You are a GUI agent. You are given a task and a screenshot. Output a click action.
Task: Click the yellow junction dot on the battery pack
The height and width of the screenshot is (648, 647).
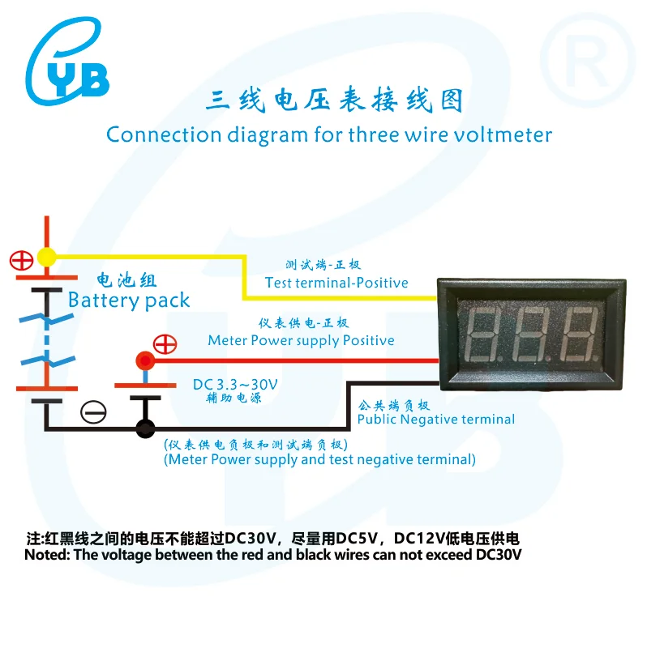click(x=47, y=257)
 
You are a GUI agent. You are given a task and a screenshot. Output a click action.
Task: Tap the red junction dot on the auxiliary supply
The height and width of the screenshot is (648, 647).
click(x=145, y=360)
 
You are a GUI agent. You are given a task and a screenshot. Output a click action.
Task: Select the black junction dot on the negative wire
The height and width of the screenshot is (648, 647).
click(x=145, y=428)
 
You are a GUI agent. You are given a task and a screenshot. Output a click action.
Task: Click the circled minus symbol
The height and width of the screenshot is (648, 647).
click(x=93, y=412)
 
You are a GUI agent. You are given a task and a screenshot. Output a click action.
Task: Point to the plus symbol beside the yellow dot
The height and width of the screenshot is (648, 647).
click(x=22, y=261)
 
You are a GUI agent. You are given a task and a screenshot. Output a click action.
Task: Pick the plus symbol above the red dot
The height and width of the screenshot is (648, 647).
click(x=165, y=344)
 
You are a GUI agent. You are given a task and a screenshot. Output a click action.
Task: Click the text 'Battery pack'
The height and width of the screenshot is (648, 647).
click(x=129, y=301)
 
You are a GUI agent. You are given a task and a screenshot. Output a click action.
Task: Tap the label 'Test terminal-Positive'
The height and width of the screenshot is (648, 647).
click(x=336, y=283)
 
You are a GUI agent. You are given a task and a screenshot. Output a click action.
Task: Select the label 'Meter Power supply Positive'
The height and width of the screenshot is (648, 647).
click(x=301, y=340)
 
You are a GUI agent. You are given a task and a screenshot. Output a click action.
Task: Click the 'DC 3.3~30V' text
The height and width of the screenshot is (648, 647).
click(x=235, y=385)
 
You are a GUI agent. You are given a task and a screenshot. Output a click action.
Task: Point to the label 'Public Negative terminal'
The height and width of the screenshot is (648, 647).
click(x=436, y=420)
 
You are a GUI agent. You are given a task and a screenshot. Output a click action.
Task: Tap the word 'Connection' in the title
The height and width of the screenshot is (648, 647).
click(x=165, y=134)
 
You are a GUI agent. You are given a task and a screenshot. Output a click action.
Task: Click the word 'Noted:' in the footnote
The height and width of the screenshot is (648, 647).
click(x=47, y=555)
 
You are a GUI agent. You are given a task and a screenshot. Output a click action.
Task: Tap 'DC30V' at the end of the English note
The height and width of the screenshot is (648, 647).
click(x=499, y=555)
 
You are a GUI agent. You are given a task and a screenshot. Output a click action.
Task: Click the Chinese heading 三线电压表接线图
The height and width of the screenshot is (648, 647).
click(x=334, y=100)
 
